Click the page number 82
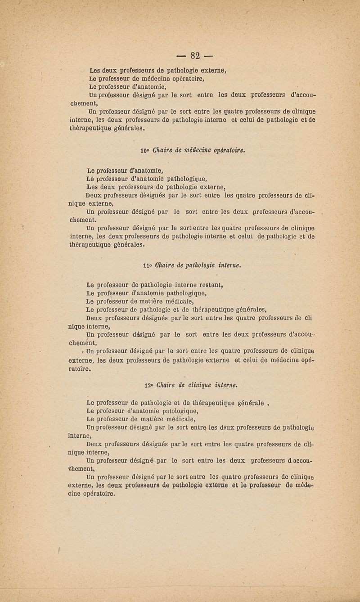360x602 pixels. coord(194,56)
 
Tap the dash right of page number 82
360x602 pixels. coord(208,57)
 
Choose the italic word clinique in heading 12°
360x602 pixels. coord(199,385)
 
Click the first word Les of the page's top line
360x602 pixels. coord(94,70)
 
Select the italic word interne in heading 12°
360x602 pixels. coord(225,385)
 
